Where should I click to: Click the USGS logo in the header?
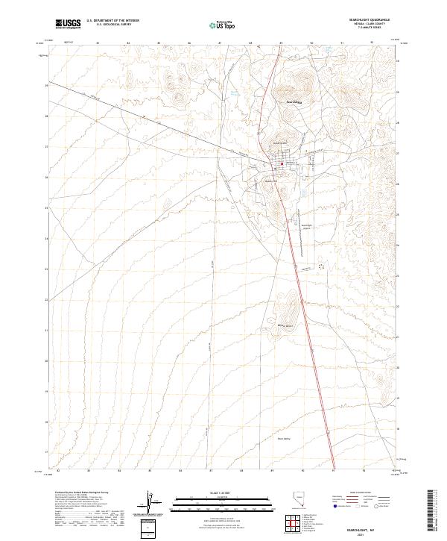pos(68,24)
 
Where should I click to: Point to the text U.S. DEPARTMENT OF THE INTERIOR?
pos(112,21)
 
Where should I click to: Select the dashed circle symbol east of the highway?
pos(322,265)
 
